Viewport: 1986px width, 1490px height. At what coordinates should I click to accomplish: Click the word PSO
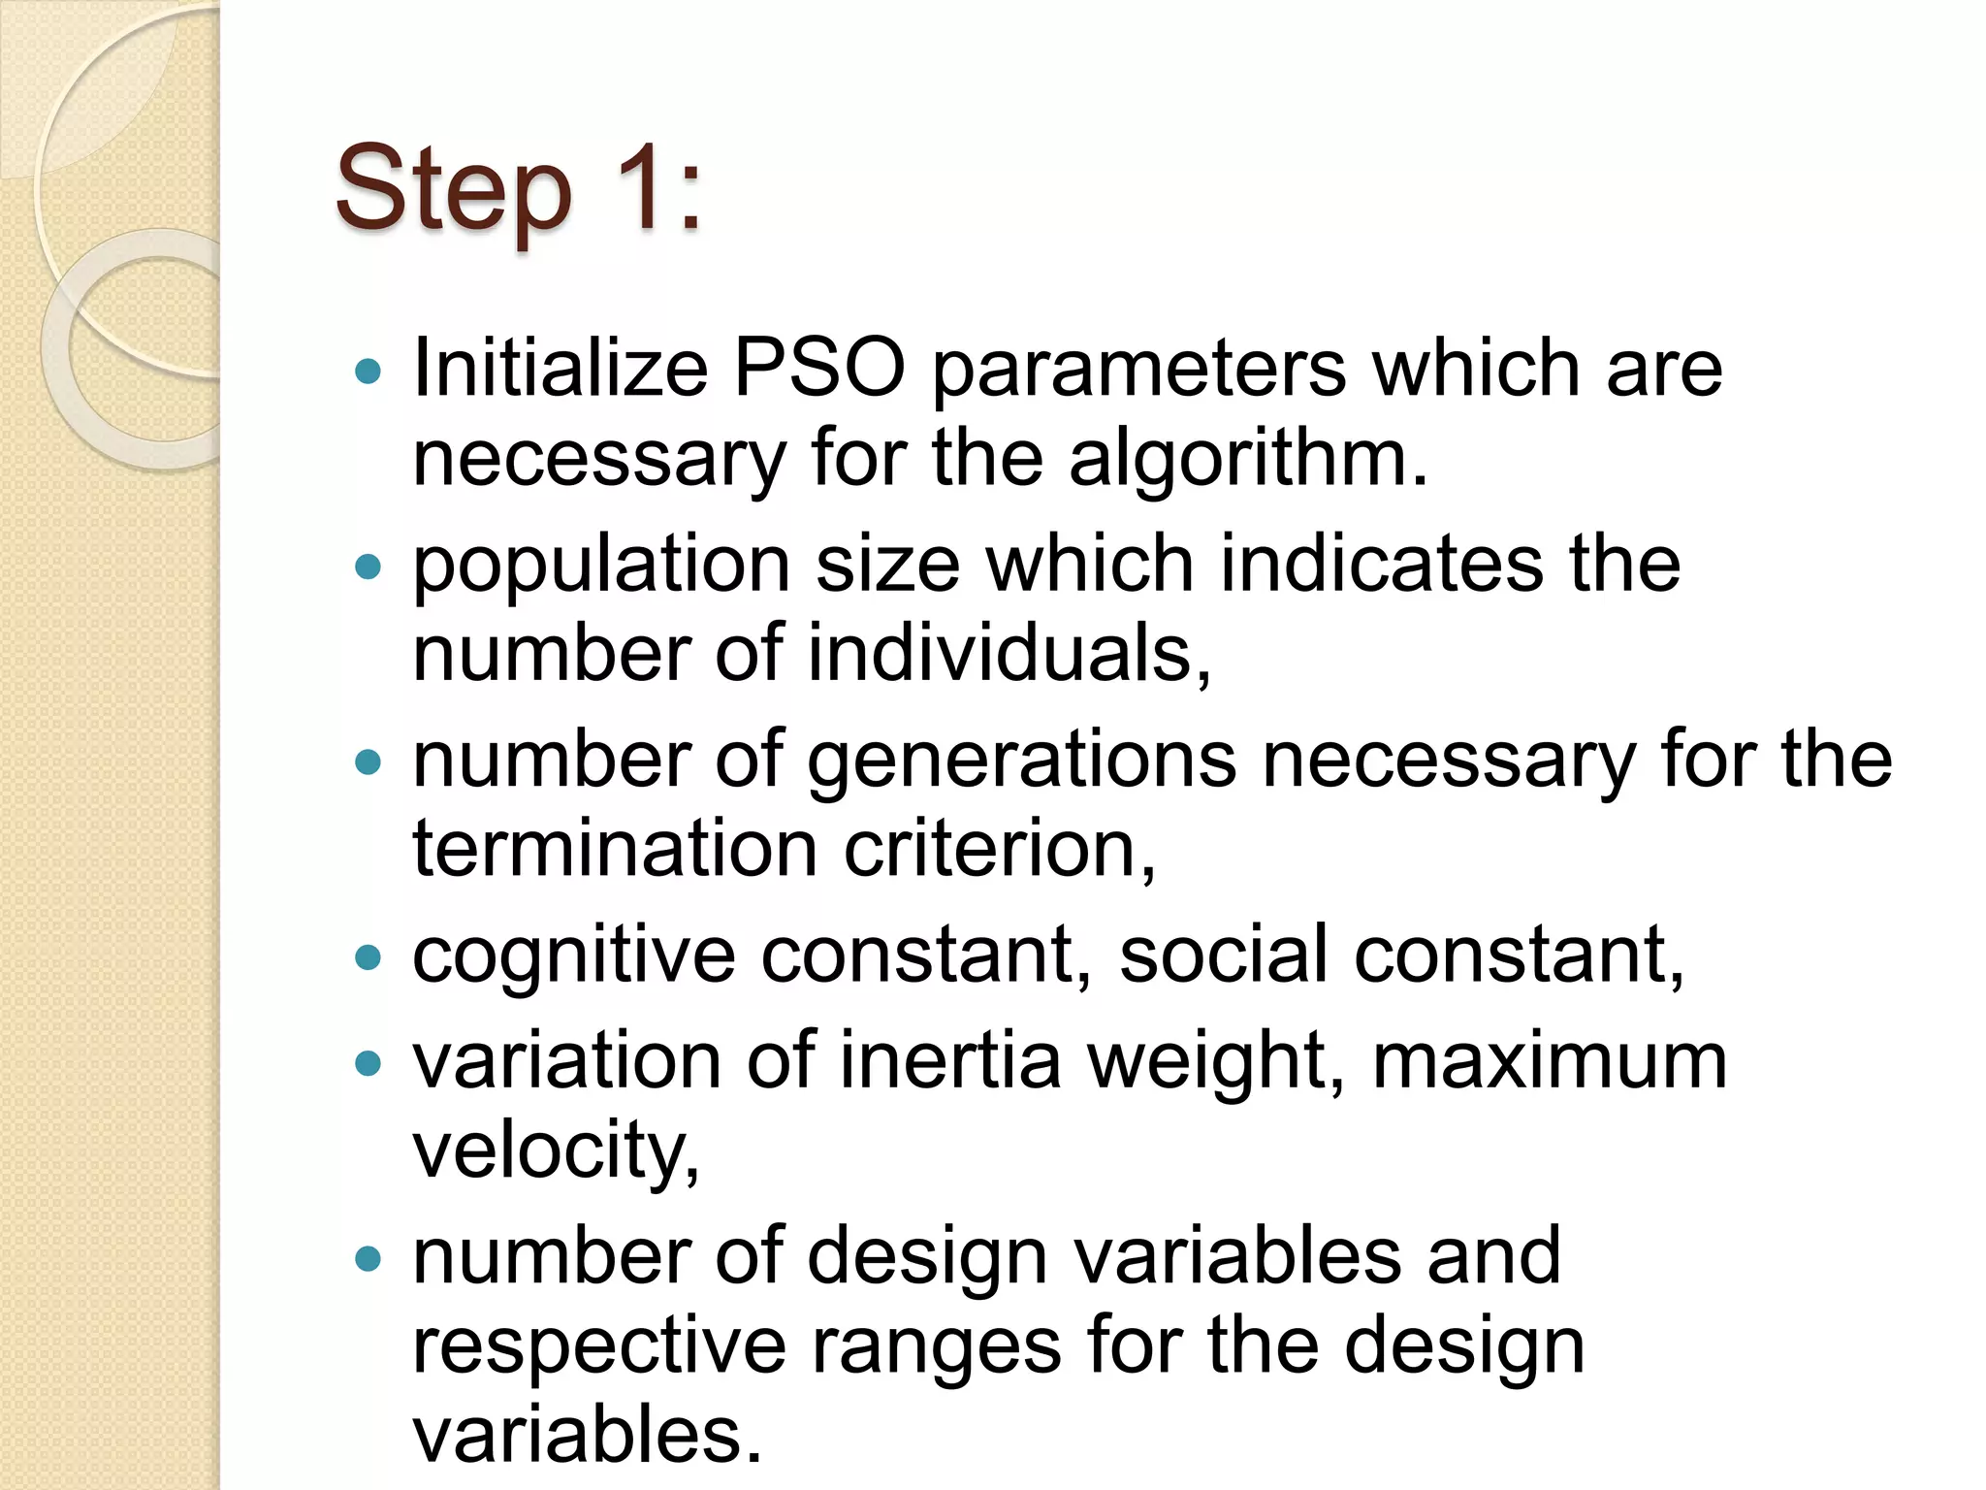tap(819, 369)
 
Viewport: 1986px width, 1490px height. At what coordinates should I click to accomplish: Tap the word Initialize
tap(561, 369)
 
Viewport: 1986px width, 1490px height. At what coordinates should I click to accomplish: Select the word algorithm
tap(1249, 459)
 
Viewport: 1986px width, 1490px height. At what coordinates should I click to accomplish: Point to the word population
tap(601, 566)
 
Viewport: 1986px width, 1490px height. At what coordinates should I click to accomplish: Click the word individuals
tap(1009, 654)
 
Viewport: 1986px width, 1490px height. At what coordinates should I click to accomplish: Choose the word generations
tap(1022, 761)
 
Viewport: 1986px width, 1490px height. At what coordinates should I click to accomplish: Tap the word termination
tap(615, 850)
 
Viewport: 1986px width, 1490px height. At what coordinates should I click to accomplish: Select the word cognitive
tap(574, 956)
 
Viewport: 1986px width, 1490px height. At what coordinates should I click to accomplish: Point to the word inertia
tap(950, 1061)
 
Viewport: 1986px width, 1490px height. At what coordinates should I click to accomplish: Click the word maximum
tap(1550, 1061)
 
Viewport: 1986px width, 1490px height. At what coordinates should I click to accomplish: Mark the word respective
tap(599, 1346)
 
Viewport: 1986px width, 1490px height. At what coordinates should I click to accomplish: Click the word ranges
tap(937, 1346)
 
